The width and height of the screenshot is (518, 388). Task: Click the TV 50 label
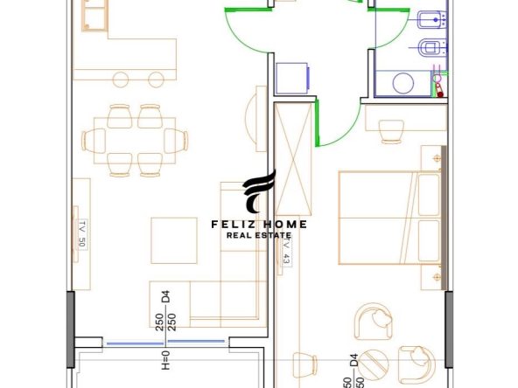[82, 234]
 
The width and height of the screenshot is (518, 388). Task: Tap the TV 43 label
[287, 251]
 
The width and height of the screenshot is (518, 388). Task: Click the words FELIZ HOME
[259, 225]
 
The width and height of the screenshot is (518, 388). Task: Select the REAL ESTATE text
[259, 235]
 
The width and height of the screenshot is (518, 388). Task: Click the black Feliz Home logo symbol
[259, 191]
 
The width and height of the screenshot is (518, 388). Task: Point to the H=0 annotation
[166, 360]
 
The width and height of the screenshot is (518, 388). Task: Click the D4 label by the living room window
[165, 296]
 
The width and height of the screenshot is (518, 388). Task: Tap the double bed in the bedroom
[389, 218]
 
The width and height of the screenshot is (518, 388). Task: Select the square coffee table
[174, 240]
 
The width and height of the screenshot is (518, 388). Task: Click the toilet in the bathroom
[431, 48]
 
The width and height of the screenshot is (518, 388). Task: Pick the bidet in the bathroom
[431, 19]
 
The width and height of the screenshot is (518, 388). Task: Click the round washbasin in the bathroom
[403, 83]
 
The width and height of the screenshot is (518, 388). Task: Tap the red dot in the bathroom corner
[440, 94]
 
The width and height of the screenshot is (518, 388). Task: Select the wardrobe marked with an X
[293, 159]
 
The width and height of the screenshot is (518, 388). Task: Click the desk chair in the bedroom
[391, 132]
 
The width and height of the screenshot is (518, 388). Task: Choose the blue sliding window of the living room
[166, 343]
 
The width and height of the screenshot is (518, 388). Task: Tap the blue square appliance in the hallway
[293, 78]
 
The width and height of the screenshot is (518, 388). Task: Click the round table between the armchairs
[373, 364]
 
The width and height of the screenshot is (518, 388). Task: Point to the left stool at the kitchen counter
[121, 80]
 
